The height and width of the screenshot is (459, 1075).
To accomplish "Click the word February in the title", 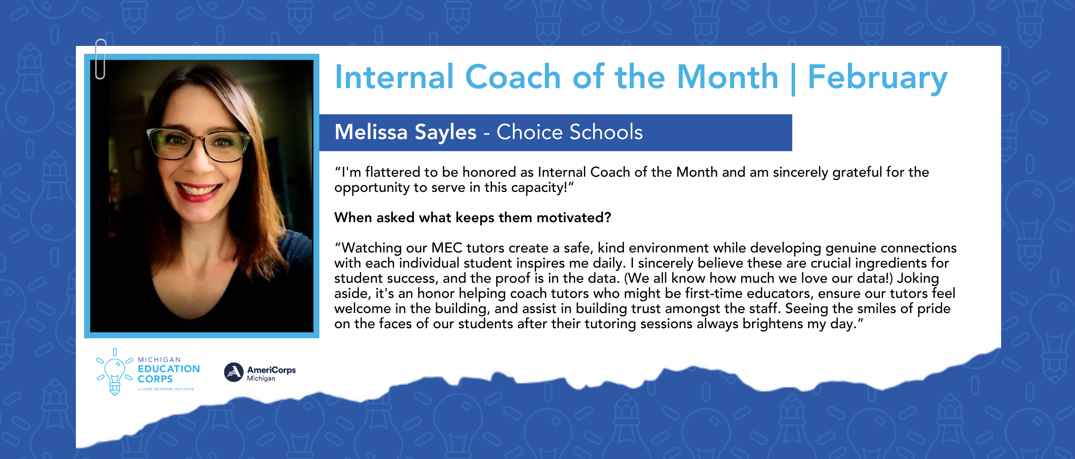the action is (x=877, y=78).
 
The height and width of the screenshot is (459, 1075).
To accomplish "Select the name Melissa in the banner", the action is (x=371, y=132).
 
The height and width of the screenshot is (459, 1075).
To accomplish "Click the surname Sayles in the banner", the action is (x=446, y=133).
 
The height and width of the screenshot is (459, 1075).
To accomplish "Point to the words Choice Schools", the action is (x=570, y=132).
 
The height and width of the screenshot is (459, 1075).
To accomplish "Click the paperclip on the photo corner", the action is (x=101, y=59).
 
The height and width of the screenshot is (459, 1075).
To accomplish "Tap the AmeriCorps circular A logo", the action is (x=233, y=372).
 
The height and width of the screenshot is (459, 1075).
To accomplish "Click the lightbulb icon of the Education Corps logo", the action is (x=114, y=373).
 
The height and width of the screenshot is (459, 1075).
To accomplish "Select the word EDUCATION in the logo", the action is (x=169, y=369).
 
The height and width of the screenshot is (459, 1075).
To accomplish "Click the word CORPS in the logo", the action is (x=155, y=379).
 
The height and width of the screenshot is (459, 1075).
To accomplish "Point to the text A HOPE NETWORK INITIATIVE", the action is (x=166, y=389).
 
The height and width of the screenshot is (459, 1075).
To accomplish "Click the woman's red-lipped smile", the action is (x=198, y=190).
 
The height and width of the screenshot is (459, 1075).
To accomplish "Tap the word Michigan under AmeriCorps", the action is (x=261, y=379).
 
